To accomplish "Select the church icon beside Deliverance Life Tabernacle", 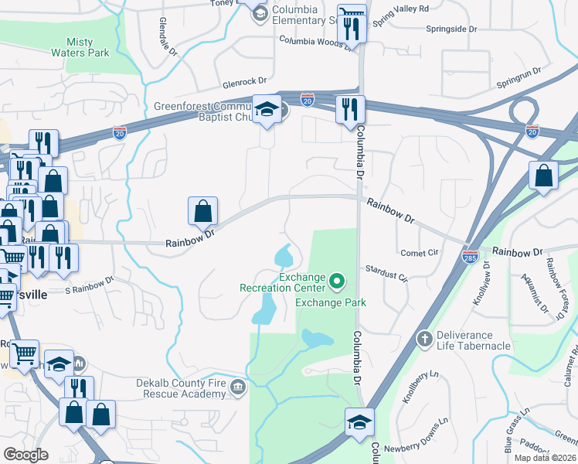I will [423, 339].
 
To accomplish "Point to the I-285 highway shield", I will [471, 258].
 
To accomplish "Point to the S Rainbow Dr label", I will [89, 285].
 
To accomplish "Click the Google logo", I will [25, 454].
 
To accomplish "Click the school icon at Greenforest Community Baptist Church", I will [267, 109].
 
